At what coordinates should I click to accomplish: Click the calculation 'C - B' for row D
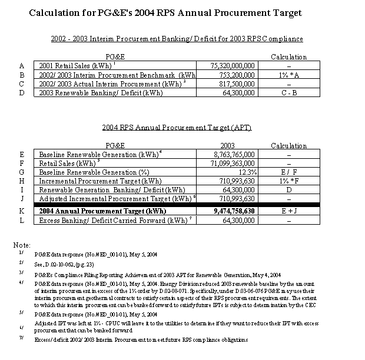coord(288,92)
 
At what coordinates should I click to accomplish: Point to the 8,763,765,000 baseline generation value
coord(234,154)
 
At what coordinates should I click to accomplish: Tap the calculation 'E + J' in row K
coord(288,211)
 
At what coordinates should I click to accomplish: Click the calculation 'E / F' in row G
coord(288,172)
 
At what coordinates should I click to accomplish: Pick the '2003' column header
coord(227,145)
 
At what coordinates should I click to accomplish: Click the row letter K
coord(21,211)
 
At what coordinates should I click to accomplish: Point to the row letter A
coord(21,66)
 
